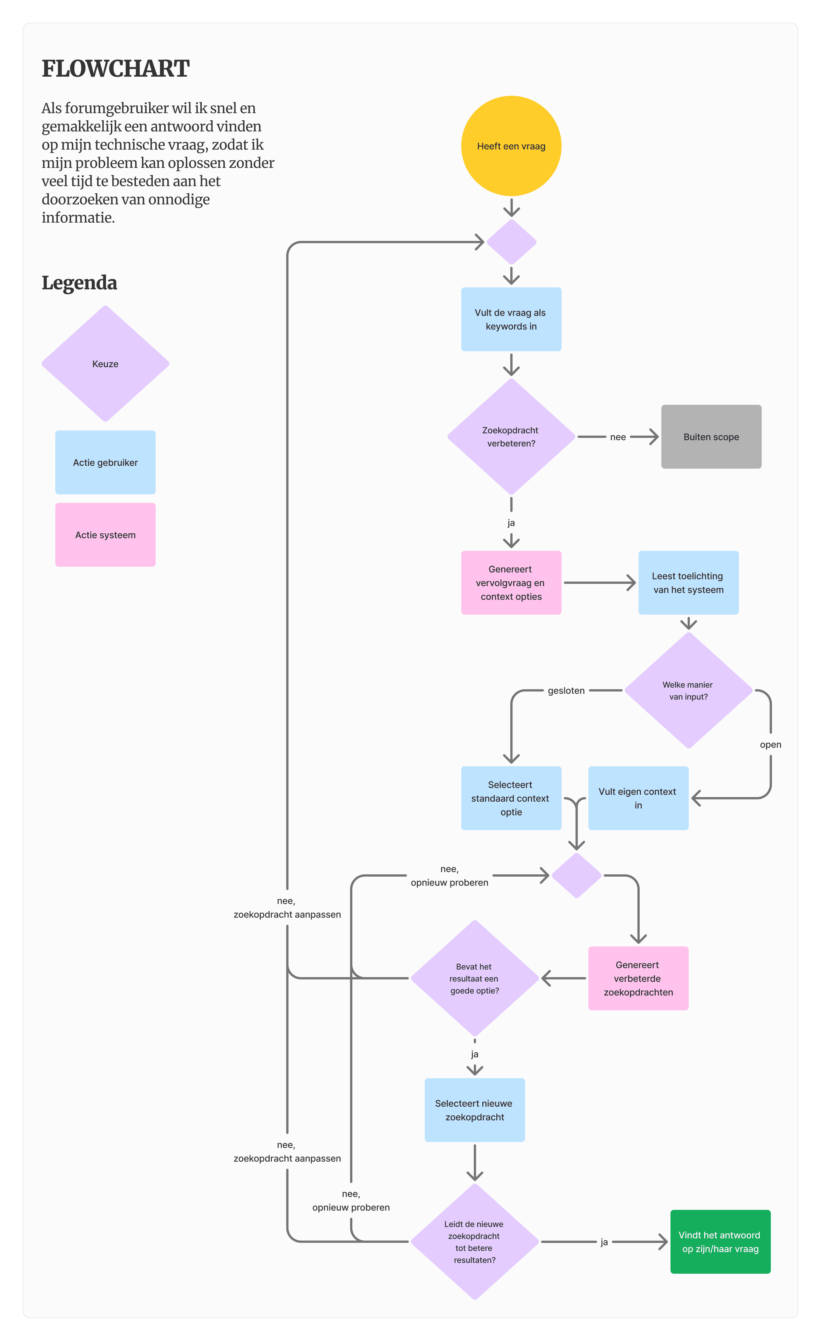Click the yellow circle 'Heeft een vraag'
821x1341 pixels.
[x=511, y=146]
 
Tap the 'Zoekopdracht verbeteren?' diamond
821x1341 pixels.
[x=511, y=436]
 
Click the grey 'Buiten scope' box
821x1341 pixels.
[x=711, y=436]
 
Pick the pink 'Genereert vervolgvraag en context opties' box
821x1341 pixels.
[x=511, y=582]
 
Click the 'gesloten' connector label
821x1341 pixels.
[x=566, y=690]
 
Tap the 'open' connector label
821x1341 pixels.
[x=770, y=744]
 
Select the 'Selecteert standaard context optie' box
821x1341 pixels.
[x=511, y=798]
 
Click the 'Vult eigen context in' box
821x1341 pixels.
[x=638, y=798]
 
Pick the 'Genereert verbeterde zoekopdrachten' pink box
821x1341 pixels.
[x=638, y=978]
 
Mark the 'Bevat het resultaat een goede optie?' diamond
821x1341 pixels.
[x=474, y=978]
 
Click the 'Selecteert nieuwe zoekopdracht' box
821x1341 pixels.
[x=474, y=1110]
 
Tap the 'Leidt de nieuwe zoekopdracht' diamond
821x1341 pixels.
[x=474, y=1242]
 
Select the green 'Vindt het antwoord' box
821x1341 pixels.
[x=720, y=1242]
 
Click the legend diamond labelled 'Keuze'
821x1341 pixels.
[x=105, y=363]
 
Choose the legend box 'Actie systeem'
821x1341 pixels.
[x=105, y=535]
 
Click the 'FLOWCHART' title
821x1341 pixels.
[x=115, y=69]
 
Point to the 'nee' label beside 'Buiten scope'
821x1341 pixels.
[x=617, y=436]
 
